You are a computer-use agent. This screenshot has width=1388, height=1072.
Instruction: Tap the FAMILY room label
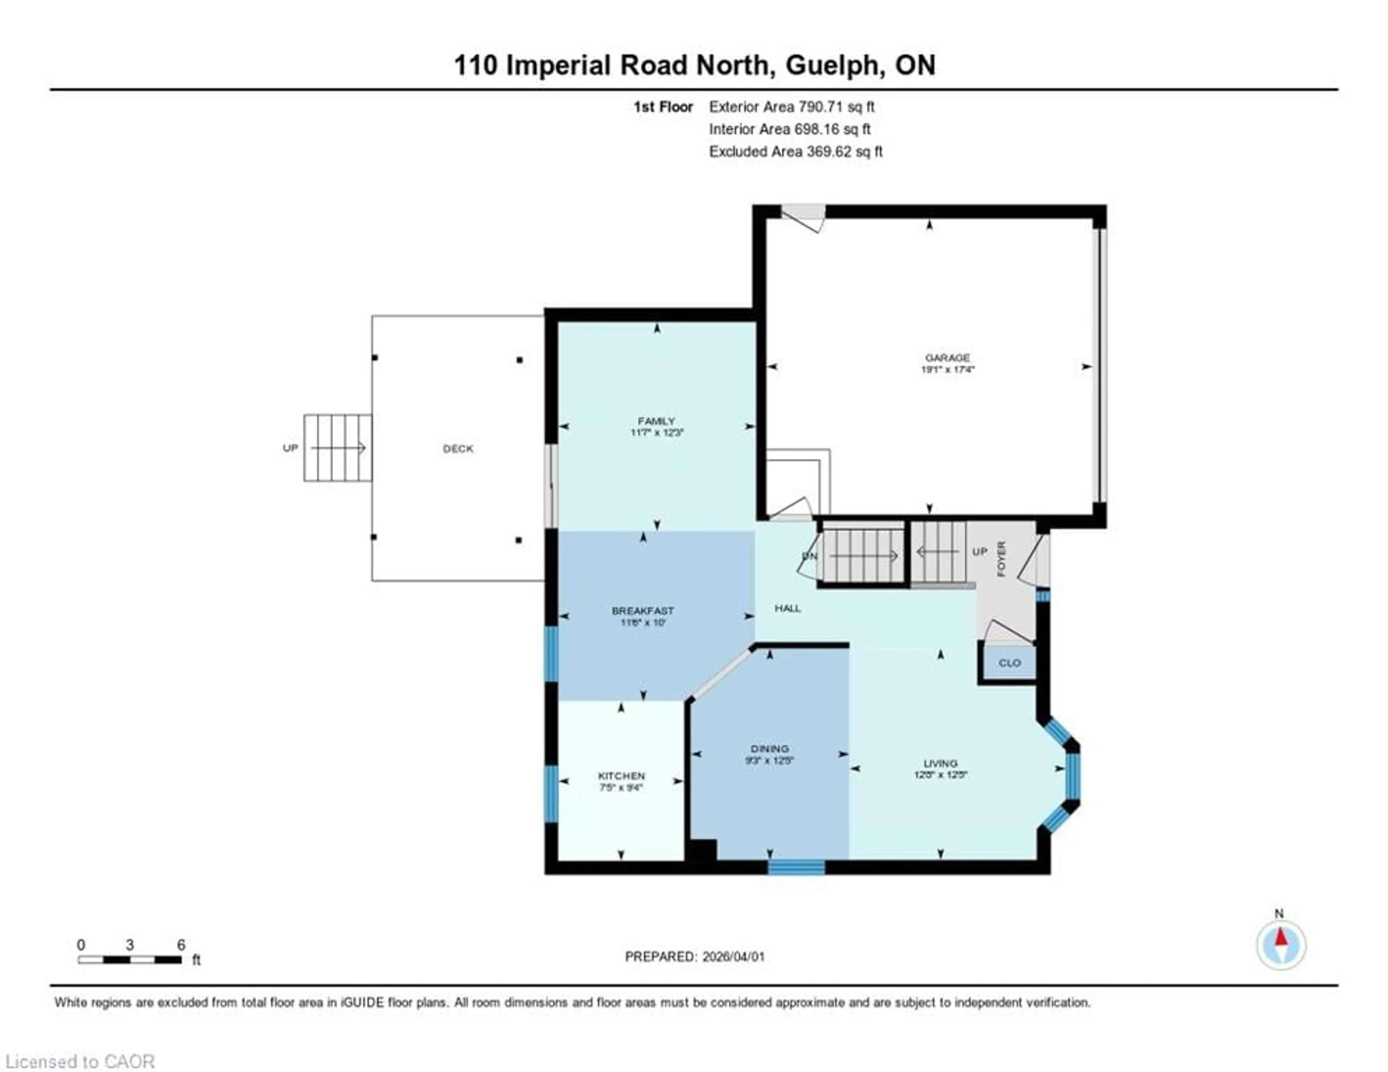[656, 421]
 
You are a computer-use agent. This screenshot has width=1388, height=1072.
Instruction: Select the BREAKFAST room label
[643, 611]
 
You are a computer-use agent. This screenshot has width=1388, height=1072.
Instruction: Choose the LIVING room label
[940, 763]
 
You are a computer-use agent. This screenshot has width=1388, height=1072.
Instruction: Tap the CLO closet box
[1008, 663]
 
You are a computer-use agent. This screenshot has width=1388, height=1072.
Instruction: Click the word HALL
[787, 608]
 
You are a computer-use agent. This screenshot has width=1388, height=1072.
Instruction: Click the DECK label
[458, 449]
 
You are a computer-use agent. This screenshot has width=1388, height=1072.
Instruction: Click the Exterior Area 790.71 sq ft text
[791, 107]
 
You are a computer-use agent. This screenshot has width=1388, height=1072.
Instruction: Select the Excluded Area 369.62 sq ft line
[795, 151]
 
